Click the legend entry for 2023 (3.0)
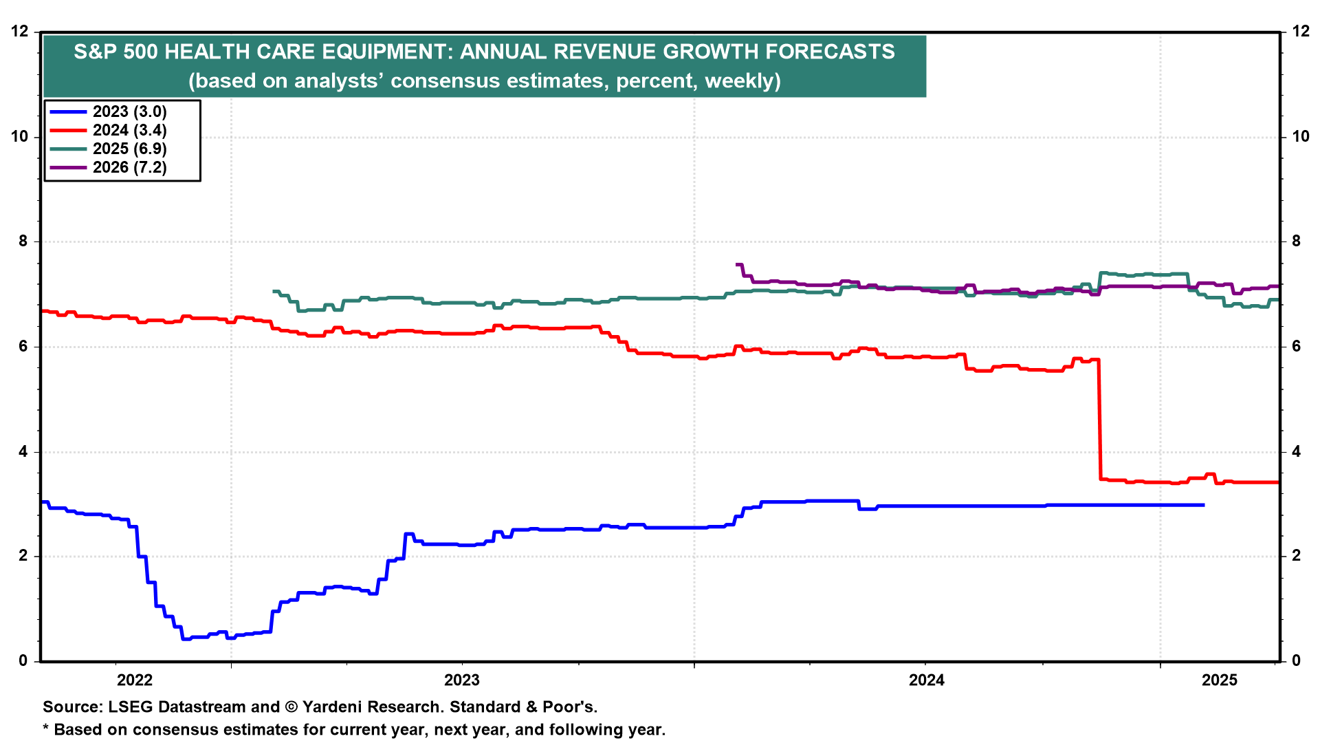pyautogui.click(x=129, y=111)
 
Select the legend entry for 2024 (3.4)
pyautogui.click(x=129, y=130)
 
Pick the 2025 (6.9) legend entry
pyautogui.click(x=129, y=149)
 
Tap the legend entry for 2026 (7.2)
pyautogui.click(x=129, y=167)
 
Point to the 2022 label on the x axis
pyautogui.click(x=135, y=680)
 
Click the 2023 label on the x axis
pyautogui.click(x=462, y=680)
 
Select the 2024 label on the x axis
pyautogui.click(x=927, y=680)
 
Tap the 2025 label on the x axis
pyautogui.click(x=1220, y=680)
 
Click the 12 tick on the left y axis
pyautogui.click(x=20, y=32)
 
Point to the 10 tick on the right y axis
pyautogui.click(x=1301, y=136)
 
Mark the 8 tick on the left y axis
pyautogui.click(x=24, y=241)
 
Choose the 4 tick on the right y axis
pyautogui.click(x=1297, y=452)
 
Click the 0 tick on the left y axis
pyautogui.click(x=24, y=660)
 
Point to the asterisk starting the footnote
pyautogui.click(x=46, y=728)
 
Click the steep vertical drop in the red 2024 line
pyautogui.click(x=1100, y=420)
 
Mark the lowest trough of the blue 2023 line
pyautogui.click(x=186, y=639)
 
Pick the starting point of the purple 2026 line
pyautogui.click(x=737, y=264)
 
